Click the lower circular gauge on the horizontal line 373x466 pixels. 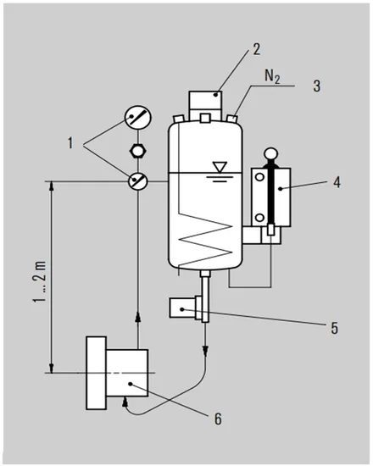pyautogui.click(x=136, y=180)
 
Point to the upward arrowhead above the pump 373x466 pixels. pyautogui.click(x=136, y=317)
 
